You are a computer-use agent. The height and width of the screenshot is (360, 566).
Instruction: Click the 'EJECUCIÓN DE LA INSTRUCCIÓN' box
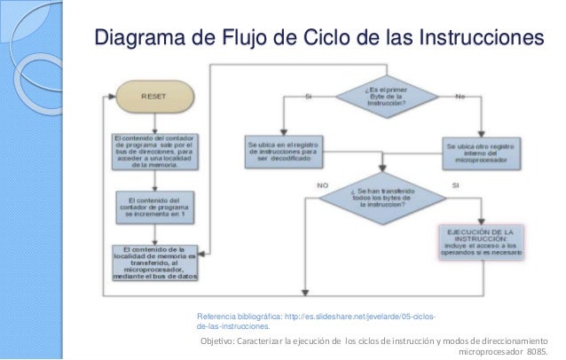(480, 241)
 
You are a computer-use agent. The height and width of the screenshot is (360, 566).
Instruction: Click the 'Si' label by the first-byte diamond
(309, 95)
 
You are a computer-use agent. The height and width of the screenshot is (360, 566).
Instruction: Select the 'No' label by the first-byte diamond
(460, 95)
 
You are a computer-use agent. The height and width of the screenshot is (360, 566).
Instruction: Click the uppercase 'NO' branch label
(321, 185)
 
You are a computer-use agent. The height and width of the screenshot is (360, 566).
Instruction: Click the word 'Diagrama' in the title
(143, 39)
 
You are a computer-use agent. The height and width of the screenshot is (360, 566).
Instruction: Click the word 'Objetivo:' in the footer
(221, 340)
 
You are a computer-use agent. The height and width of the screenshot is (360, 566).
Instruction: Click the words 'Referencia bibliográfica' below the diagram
(238, 317)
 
